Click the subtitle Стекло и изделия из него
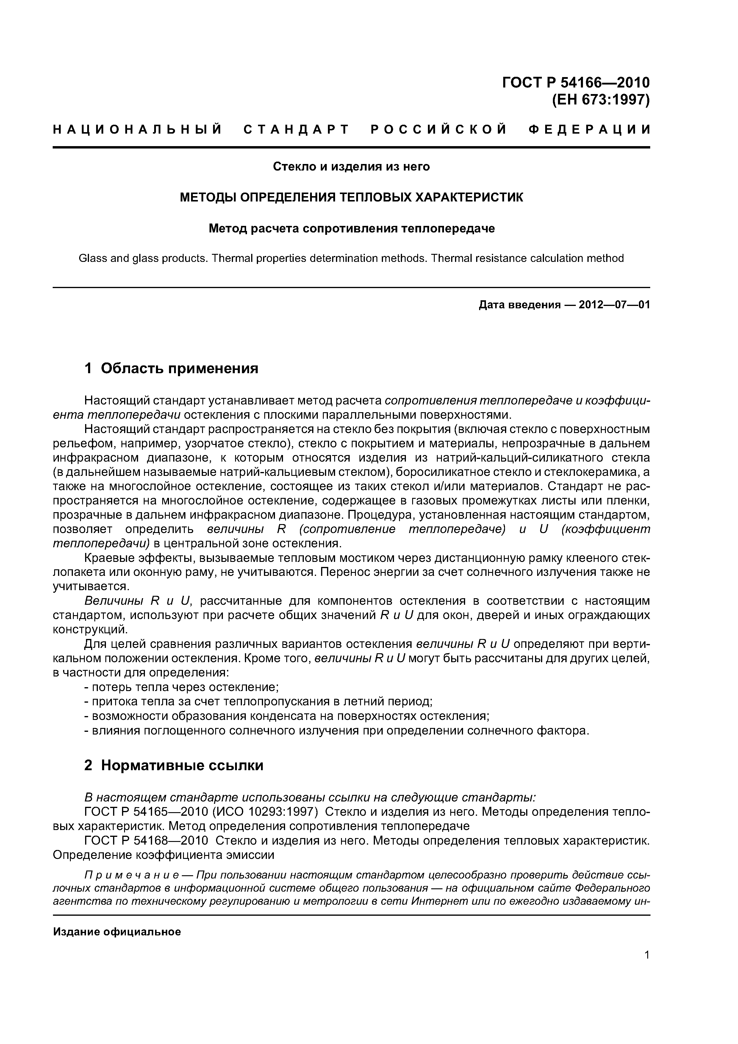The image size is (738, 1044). (x=351, y=167)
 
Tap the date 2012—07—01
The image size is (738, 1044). (x=614, y=305)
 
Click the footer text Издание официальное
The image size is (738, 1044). (x=117, y=932)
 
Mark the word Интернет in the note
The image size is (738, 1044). (x=436, y=901)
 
